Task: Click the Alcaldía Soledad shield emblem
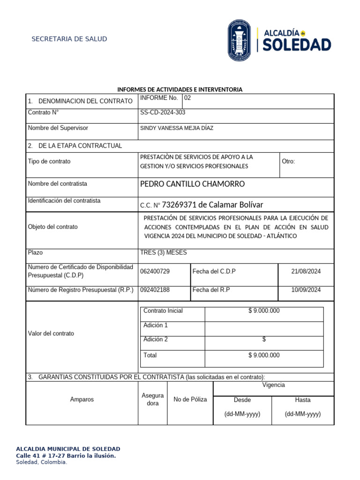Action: [x=239, y=40]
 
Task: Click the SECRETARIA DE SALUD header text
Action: [x=69, y=39]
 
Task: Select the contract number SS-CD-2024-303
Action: [x=166, y=112]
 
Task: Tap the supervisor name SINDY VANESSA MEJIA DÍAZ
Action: [x=177, y=128]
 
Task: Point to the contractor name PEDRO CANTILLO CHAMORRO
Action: [x=192, y=184]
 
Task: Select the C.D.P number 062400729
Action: [x=155, y=271]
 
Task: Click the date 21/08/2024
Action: [x=306, y=271]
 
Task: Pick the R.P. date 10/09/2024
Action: [x=306, y=290]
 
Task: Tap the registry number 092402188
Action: [x=155, y=290]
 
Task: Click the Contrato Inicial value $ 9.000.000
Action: [x=264, y=311]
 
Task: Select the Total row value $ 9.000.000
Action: [x=264, y=355]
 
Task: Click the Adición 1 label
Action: [x=156, y=325]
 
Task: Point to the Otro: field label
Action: [x=288, y=161]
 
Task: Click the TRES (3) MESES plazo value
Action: [x=163, y=253]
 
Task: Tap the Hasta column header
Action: [x=302, y=400]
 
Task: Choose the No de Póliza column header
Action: [x=190, y=399]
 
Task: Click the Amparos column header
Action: [x=82, y=399]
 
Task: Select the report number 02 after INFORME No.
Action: [x=187, y=98]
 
